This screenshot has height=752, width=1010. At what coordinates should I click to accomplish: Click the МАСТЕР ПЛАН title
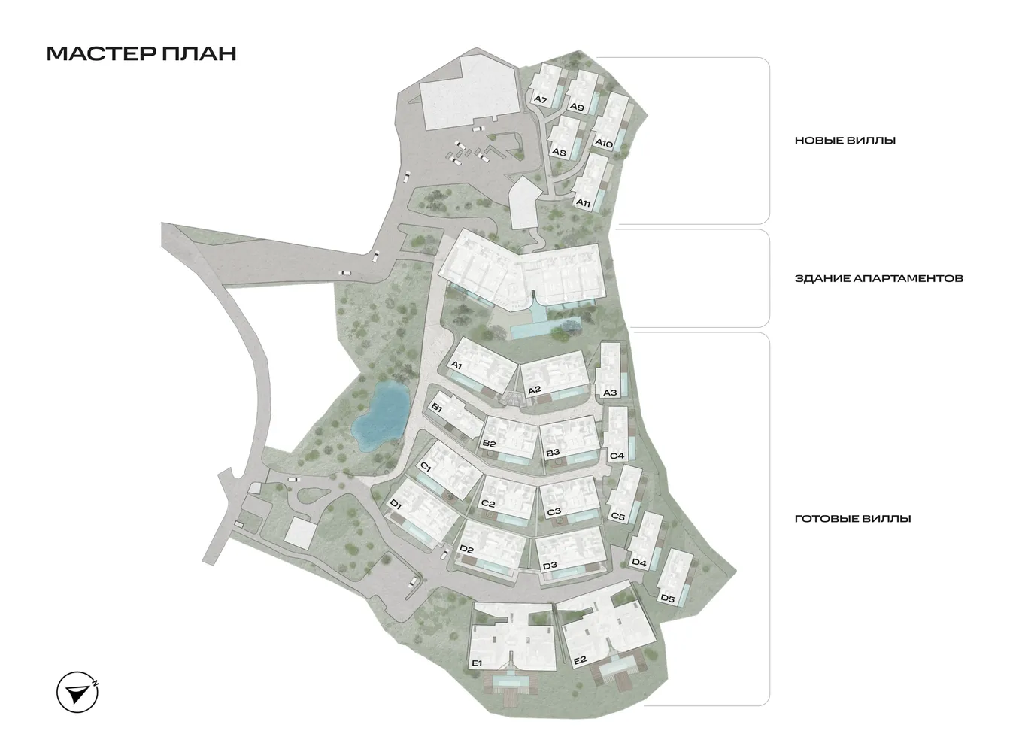pyautogui.click(x=141, y=53)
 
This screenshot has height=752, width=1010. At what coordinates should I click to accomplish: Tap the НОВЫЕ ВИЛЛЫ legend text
pyautogui.click(x=845, y=141)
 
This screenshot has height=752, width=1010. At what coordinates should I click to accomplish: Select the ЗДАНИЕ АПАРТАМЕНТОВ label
pyautogui.click(x=878, y=278)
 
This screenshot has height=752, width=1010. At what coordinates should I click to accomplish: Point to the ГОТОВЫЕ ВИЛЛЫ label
pyautogui.click(x=853, y=519)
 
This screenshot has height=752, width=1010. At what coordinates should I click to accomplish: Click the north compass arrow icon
pyautogui.click(x=77, y=692)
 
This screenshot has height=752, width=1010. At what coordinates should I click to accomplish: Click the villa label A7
pyautogui.click(x=539, y=99)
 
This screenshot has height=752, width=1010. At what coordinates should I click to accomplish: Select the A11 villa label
pyautogui.click(x=583, y=203)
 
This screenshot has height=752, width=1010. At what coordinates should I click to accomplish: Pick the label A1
pyautogui.click(x=456, y=365)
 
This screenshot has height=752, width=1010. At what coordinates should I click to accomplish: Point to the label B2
pyautogui.click(x=490, y=444)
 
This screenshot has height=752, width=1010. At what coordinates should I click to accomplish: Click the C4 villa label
pyautogui.click(x=617, y=456)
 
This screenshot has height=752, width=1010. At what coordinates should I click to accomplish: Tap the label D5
pyautogui.click(x=667, y=599)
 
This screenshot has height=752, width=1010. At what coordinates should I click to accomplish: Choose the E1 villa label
pyautogui.click(x=475, y=663)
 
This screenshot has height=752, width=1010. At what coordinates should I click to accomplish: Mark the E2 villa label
pyautogui.click(x=579, y=661)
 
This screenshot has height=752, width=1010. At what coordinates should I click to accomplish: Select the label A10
pyautogui.click(x=604, y=143)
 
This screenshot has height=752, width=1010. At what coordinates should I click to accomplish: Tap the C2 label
pyautogui.click(x=487, y=504)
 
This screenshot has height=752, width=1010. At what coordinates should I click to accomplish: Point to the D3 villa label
pyautogui.click(x=550, y=566)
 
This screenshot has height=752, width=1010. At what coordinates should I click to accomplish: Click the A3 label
pyautogui.click(x=610, y=393)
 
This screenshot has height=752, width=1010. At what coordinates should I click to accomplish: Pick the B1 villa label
pyautogui.click(x=436, y=407)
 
